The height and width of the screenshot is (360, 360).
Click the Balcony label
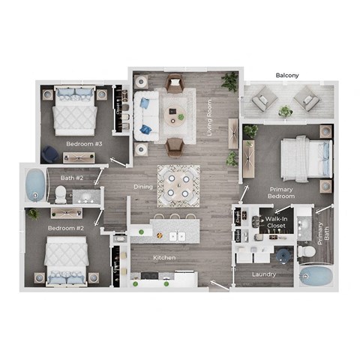pyautogui.click(x=289, y=76)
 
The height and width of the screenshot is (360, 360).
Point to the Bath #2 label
pyautogui.click(x=72, y=178)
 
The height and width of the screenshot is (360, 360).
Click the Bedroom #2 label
pyautogui.click(x=65, y=227)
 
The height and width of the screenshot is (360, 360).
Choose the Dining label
pyautogui.click(x=143, y=187)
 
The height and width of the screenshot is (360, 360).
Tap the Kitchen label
pyautogui.click(x=164, y=258)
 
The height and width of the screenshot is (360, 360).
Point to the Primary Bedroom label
pyautogui.click(x=280, y=193)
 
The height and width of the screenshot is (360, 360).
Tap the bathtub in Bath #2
pyautogui.click(x=34, y=184)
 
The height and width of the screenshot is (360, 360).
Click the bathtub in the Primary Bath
pyautogui.click(x=316, y=277)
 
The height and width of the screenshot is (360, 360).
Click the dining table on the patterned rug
pyautogui.click(x=178, y=185)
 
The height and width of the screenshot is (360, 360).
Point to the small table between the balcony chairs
pyautogui.click(x=286, y=111)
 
